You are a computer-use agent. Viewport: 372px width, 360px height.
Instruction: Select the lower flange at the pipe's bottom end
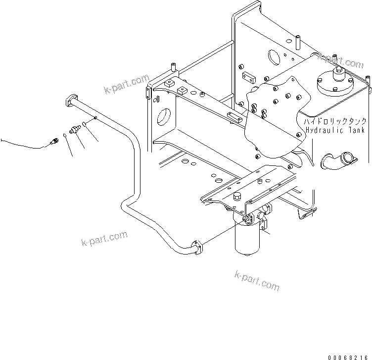pos(197,247)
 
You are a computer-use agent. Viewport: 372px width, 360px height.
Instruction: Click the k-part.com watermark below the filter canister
pos(257,281)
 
